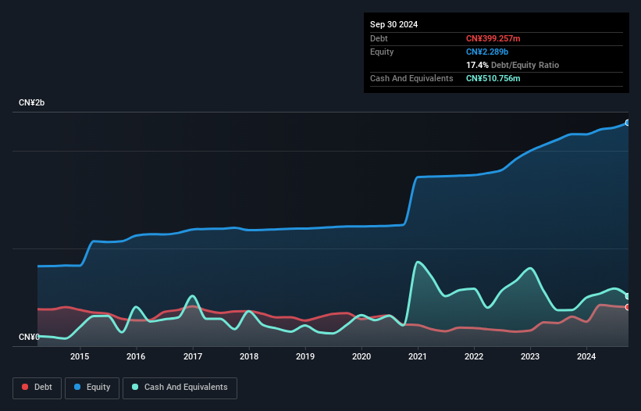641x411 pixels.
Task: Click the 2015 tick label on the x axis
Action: [80, 357]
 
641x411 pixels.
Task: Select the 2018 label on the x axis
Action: [249, 357]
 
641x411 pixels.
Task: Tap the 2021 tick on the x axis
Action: [418, 357]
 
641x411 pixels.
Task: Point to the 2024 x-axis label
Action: [587, 357]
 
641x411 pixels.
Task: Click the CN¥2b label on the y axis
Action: [33, 103]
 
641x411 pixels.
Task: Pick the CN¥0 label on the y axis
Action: [29, 337]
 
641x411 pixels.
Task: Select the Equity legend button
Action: [92, 388]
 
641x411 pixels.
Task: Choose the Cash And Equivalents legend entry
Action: [180, 388]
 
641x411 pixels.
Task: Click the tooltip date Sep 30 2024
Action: [394, 24]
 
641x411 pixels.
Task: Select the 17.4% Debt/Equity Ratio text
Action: [512, 65]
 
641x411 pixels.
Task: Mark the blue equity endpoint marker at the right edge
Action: [628, 123]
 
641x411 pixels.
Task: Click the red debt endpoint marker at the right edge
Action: [628, 307]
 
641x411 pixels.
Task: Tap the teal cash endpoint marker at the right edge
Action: [628, 296]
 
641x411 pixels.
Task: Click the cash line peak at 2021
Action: [419, 262]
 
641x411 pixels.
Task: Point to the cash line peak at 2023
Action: [531, 269]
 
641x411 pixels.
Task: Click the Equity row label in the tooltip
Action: [382, 52]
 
